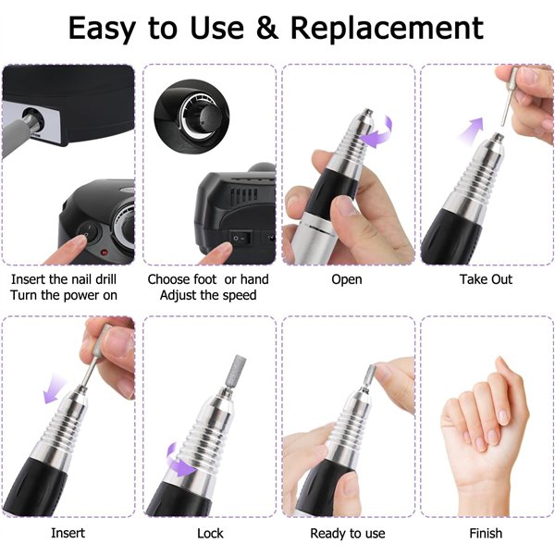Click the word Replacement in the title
(x=387, y=29)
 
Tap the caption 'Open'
(x=346, y=279)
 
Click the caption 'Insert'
(x=68, y=533)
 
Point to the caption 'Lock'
(x=210, y=533)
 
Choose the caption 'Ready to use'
(x=348, y=533)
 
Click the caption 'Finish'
(x=486, y=533)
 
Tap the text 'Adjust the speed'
(x=208, y=295)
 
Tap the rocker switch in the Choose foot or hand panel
(x=241, y=236)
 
